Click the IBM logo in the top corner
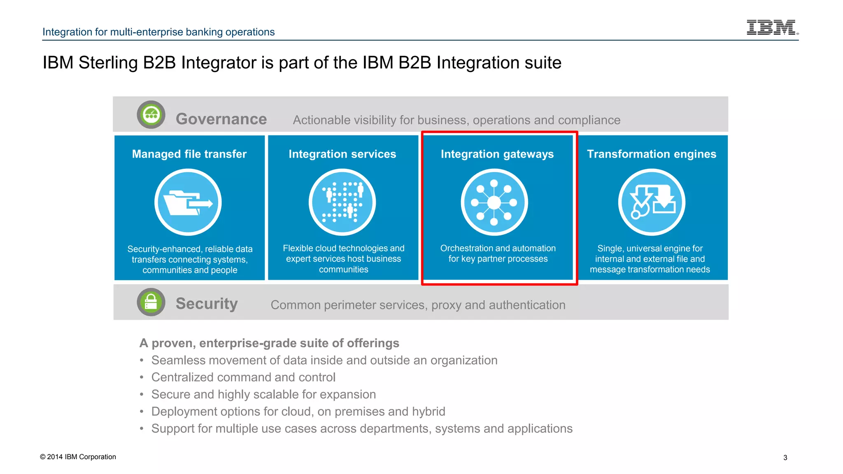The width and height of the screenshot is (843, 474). (x=772, y=28)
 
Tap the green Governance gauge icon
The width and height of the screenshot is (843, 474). (x=151, y=115)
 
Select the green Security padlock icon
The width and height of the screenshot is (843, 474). (x=151, y=302)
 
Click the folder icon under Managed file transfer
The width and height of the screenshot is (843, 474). (x=188, y=202)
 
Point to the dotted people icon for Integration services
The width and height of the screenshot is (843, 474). (x=342, y=202)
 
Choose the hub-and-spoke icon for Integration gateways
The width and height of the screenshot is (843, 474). (x=494, y=202)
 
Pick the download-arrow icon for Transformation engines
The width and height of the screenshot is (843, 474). (x=652, y=202)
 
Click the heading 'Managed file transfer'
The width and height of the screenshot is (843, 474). (x=189, y=154)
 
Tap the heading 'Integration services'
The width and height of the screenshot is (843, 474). (x=342, y=154)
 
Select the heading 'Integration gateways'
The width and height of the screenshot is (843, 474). (x=497, y=154)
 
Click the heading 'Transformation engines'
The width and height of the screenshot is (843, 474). (x=652, y=154)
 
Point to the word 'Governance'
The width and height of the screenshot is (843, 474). (x=221, y=119)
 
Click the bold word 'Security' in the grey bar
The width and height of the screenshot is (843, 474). (x=207, y=304)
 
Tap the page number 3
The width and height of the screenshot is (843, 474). (x=785, y=458)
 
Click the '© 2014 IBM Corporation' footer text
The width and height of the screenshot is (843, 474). (x=78, y=457)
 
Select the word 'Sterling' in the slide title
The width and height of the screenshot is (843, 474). (x=108, y=63)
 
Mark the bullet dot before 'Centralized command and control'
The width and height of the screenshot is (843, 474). (x=142, y=377)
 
